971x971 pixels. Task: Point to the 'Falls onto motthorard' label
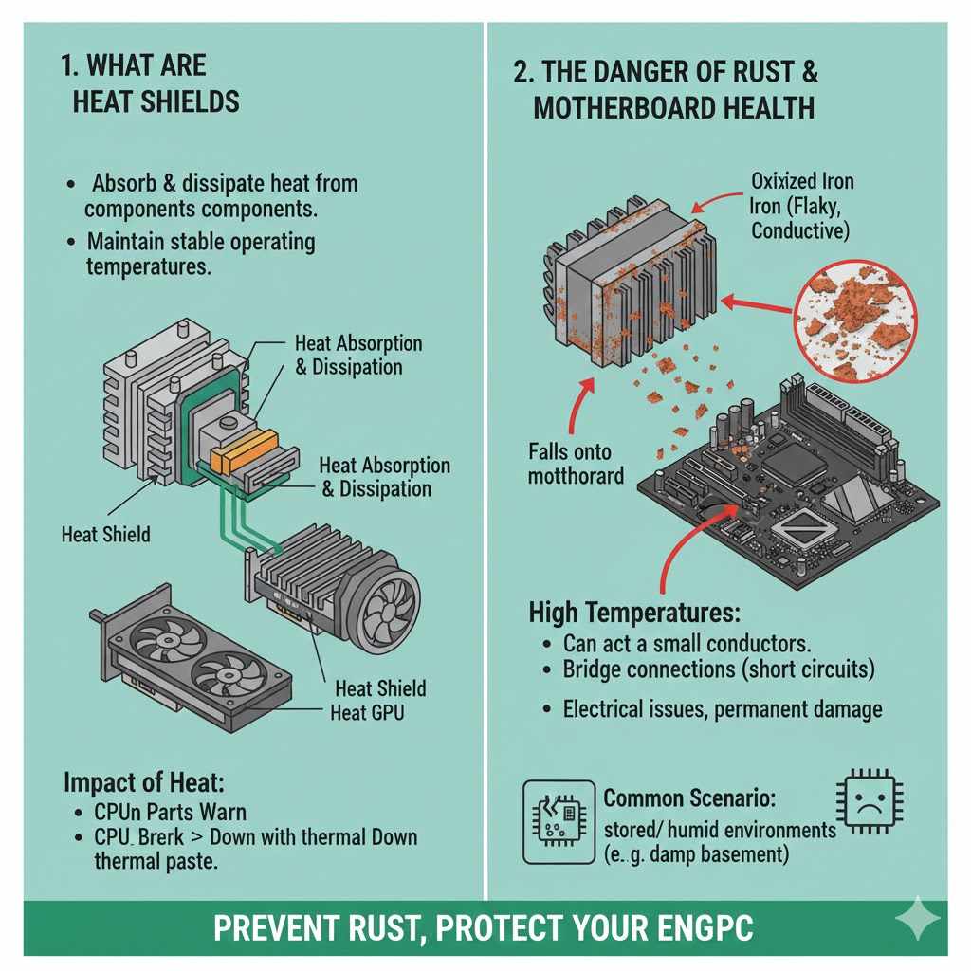[577, 464]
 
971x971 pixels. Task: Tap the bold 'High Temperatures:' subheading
[634, 612]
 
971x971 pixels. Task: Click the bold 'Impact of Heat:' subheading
[144, 783]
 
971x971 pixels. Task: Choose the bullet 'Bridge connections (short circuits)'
[718, 669]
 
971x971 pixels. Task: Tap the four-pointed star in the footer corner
[917, 921]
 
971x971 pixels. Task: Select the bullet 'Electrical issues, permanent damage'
[723, 708]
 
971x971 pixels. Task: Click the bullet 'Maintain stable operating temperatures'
[200, 254]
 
